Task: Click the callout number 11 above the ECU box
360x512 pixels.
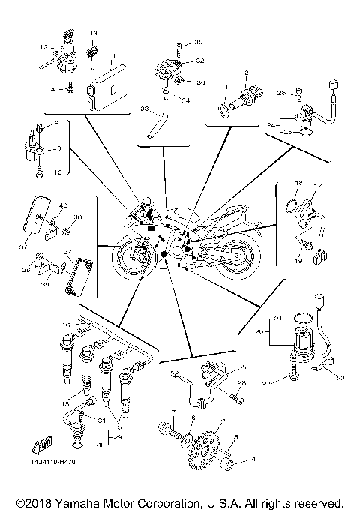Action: [111, 57]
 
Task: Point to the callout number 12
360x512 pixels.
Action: [43, 46]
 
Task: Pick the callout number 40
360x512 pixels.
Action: [64, 205]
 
